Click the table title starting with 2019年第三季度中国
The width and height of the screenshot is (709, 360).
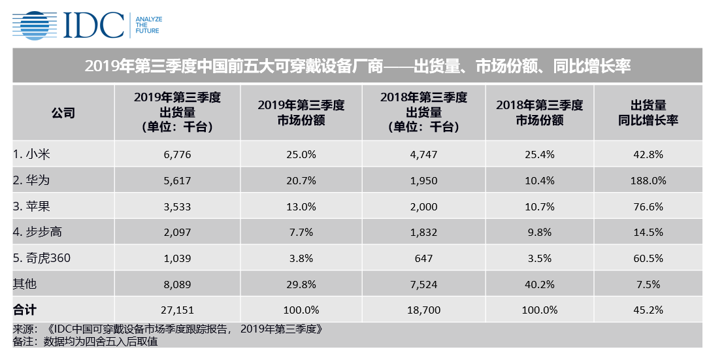357,67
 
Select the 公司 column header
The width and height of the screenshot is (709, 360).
63,112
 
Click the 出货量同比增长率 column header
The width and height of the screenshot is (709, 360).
648,112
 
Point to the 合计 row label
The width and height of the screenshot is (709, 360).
24,309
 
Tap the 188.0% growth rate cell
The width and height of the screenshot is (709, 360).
648,180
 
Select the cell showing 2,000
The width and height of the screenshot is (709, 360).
423,206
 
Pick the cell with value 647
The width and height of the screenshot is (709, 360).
423,258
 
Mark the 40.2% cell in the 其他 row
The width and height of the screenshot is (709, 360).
539,284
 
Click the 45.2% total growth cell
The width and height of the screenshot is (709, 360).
648,309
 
